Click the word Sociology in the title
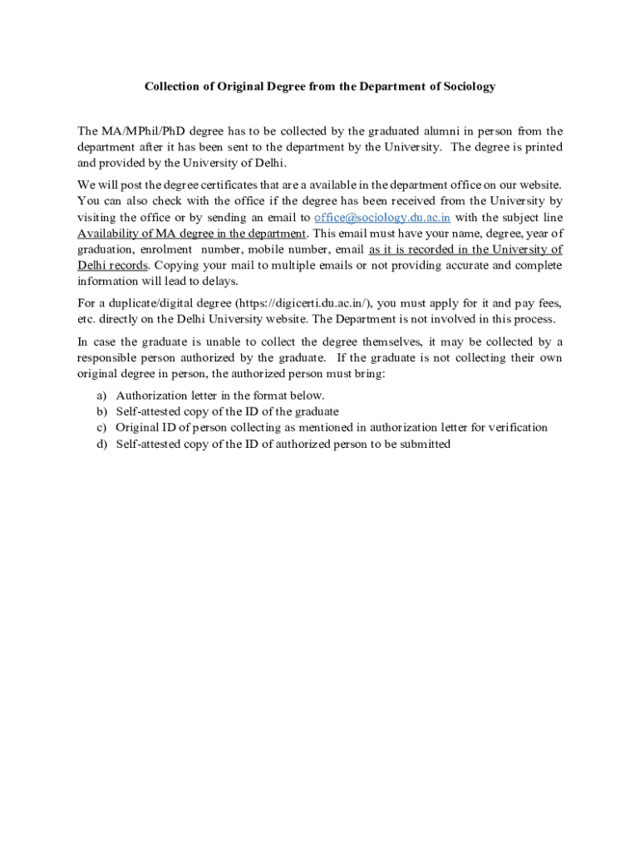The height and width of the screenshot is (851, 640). pos(466,86)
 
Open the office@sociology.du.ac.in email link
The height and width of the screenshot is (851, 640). pos(382,218)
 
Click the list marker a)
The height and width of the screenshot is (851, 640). pos(101,396)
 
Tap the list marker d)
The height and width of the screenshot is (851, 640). pos(101,444)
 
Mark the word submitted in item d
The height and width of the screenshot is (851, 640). pos(423,444)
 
